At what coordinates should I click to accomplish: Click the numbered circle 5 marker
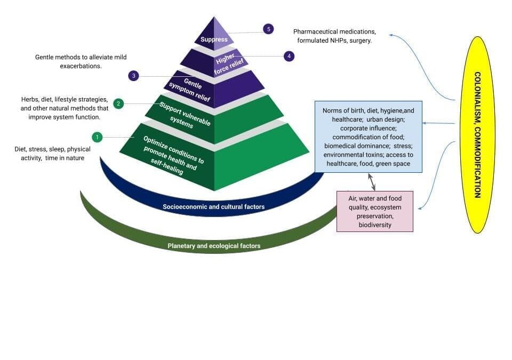(268, 29)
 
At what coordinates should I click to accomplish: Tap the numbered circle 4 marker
(289, 56)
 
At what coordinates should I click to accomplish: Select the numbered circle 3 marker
(134, 76)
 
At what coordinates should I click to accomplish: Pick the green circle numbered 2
(119, 103)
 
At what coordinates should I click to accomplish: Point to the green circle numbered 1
(97, 137)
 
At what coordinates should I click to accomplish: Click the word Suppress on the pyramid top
(214, 39)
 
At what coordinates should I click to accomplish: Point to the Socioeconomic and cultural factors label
(213, 206)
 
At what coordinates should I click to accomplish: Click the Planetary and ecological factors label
(214, 246)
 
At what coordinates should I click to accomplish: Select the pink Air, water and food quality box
(374, 212)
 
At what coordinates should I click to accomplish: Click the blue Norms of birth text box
(368, 137)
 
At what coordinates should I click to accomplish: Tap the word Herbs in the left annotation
(30, 100)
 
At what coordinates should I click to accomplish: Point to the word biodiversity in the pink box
(374, 225)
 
